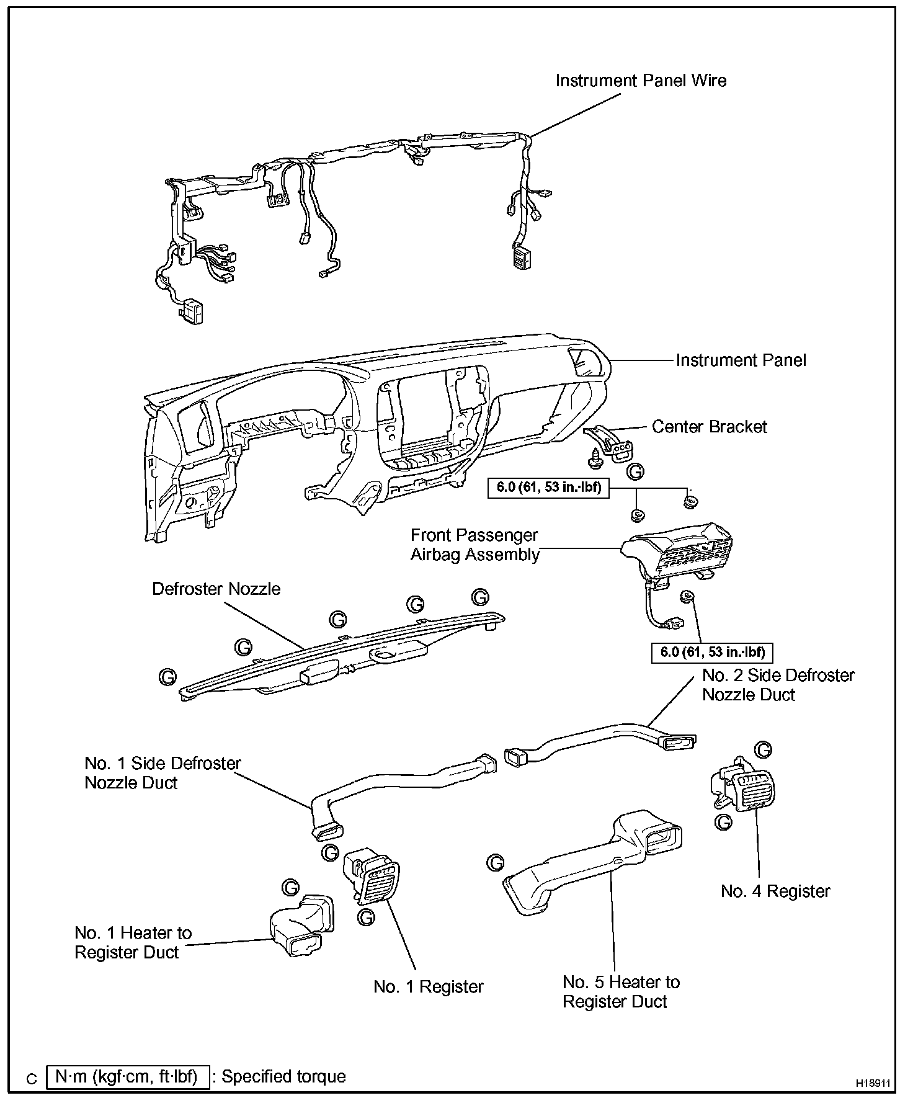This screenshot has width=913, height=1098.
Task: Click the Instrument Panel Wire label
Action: click(640, 81)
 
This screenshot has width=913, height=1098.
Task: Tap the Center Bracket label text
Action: click(709, 427)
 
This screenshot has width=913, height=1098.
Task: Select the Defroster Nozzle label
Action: click(216, 588)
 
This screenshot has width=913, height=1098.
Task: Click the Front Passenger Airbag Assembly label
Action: click(474, 545)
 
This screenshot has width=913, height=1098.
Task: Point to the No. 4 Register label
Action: click(775, 891)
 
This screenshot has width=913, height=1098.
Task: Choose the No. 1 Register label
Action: click(428, 986)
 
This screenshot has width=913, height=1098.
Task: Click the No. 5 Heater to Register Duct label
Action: click(621, 991)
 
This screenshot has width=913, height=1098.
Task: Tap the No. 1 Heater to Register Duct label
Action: click(133, 942)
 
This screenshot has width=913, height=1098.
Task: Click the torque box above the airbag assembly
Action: click(549, 487)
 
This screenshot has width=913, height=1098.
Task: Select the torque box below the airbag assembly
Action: click(712, 652)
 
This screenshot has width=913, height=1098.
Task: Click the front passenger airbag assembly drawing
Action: click(679, 549)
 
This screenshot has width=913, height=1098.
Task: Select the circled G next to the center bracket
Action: click(635, 471)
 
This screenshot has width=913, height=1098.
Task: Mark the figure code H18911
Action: click(873, 1082)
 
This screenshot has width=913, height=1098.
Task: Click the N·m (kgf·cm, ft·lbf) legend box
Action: click(127, 1076)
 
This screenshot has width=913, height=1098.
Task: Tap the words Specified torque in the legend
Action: click(283, 1076)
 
